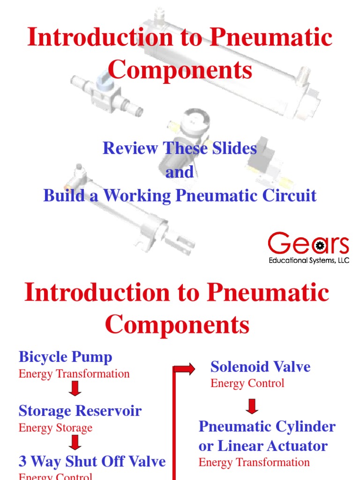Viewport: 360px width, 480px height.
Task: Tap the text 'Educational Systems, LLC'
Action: click(x=308, y=260)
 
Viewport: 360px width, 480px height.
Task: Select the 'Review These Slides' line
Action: click(x=180, y=149)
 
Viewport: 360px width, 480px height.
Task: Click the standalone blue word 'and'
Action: click(x=180, y=172)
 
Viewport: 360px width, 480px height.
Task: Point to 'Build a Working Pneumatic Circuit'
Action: click(x=180, y=195)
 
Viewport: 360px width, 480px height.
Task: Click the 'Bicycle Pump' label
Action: click(x=66, y=357)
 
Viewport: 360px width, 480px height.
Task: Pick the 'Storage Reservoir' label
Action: click(x=80, y=411)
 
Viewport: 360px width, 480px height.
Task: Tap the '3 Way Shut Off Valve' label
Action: click(x=92, y=461)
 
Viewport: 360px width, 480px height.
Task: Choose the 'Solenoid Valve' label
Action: click(x=260, y=367)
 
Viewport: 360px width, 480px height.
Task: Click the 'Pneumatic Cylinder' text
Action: click(x=267, y=427)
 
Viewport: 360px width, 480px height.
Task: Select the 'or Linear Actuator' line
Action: click(x=263, y=445)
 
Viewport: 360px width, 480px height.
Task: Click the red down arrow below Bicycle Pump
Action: click(x=75, y=389)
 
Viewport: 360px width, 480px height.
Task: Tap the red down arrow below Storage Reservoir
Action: click(x=75, y=442)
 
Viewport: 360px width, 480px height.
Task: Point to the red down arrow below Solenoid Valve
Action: click(x=252, y=406)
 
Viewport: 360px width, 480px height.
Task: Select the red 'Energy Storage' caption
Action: click(x=55, y=428)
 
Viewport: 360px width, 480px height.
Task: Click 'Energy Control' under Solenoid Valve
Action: click(x=247, y=383)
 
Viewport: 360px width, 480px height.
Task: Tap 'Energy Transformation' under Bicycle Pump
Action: click(x=74, y=374)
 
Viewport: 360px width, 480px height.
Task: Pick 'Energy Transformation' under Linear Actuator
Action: click(x=254, y=462)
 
